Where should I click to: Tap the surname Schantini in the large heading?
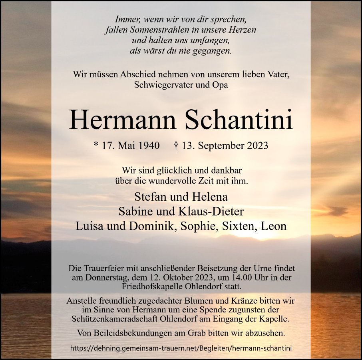(239, 119)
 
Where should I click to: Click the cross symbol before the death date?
(176, 145)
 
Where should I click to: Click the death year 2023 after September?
(255, 146)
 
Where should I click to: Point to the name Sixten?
(242, 226)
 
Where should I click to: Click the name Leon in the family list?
(274, 226)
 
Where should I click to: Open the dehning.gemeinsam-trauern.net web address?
(181, 348)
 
